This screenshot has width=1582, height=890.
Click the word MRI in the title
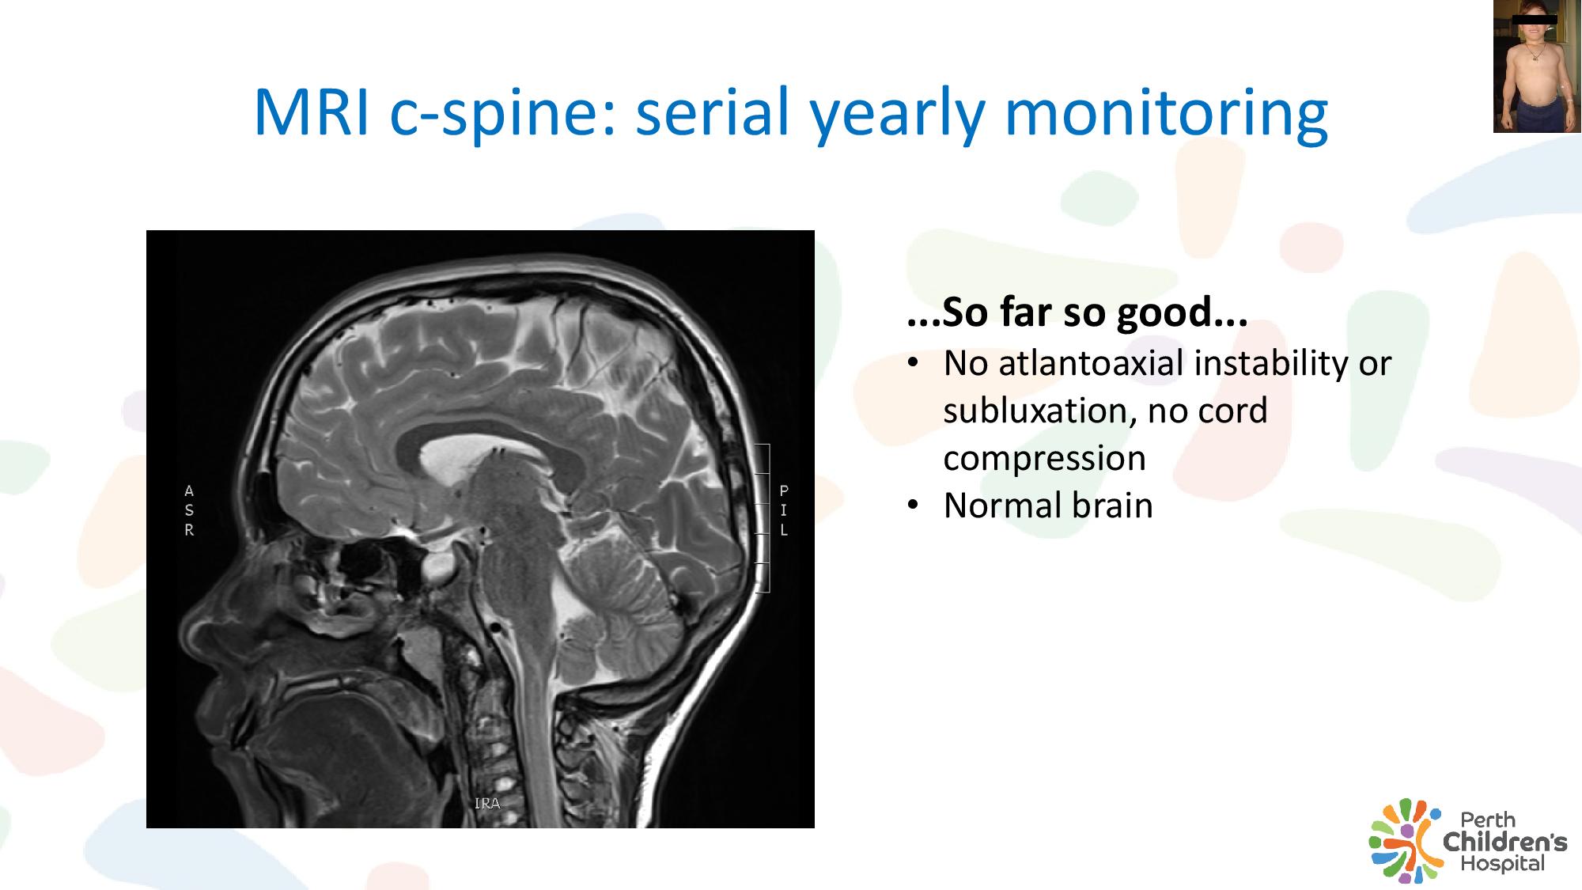pyautogui.click(x=312, y=112)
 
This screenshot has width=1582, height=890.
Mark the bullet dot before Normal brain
pyautogui.click(x=914, y=506)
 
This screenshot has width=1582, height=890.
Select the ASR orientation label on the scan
pyautogui.click(x=189, y=510)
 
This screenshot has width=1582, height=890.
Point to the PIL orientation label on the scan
pyautogui.click(x=784, y=510)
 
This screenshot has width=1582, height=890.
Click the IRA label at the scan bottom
pyautogui.click(x=487, y=804)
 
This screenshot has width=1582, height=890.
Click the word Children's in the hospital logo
pyautogui.click(x=1504, y=841)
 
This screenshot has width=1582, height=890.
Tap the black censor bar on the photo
pyautogui.click(x=1535, y=19)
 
